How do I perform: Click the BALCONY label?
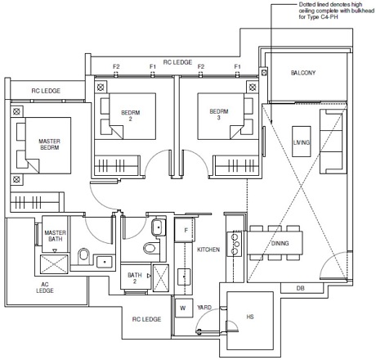point(303,73)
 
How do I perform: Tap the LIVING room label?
point(302,142)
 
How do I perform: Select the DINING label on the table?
point(280,243)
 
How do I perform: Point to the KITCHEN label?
point(208,250)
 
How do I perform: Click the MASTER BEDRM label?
point(49,144)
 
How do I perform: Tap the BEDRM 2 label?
point(130,115)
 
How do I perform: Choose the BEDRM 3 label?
point(219,115)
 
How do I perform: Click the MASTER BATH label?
point(55,236)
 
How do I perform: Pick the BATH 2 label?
point(135,278)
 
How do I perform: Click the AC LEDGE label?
point(45,287)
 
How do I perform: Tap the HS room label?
point(250,317)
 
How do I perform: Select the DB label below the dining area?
point(300,288)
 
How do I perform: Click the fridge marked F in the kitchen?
point(185,230)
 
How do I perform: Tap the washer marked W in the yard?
point(184,308)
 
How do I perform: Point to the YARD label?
point(204,308)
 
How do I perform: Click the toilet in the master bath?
point(83,255)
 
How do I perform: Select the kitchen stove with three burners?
point(235,244)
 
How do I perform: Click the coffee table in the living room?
point(302,142)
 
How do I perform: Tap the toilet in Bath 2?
point(150,248)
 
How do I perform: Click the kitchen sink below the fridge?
point(184,277)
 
